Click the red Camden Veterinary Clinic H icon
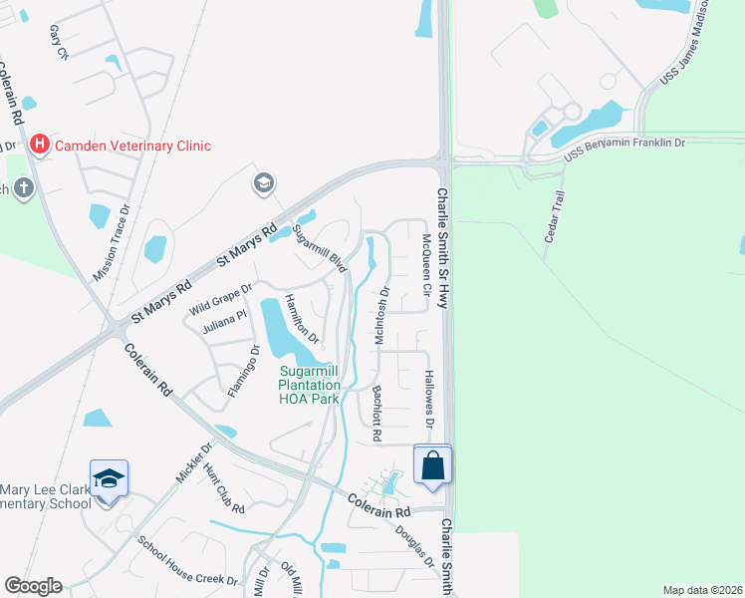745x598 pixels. (40, 146)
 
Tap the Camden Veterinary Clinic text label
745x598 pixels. (132, 146)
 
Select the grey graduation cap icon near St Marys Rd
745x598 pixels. (264, 182)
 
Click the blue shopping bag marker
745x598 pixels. (433, 465)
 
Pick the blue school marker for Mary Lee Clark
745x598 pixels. (109, 479)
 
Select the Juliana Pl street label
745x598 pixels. (223, 320)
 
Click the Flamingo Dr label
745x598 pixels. (243, 371)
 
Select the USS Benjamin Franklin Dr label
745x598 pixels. (624, 144)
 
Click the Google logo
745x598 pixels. (33, 586)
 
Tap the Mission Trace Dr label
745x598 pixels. (113, 244)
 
